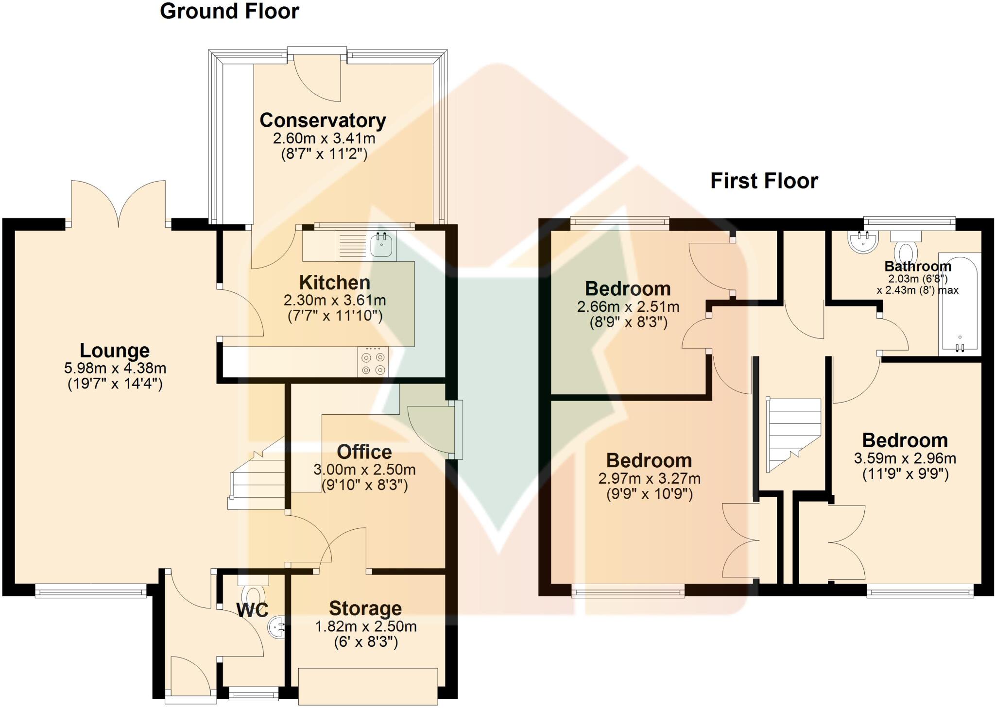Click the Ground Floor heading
229,11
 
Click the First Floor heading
764,181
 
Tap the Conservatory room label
323,120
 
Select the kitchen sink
381,245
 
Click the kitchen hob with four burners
373,363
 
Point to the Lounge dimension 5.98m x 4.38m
115,368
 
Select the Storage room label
365,608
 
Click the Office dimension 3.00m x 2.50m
364,470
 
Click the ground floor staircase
257,481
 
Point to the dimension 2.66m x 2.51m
628,306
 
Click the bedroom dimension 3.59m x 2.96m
905,458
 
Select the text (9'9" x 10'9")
649,494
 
